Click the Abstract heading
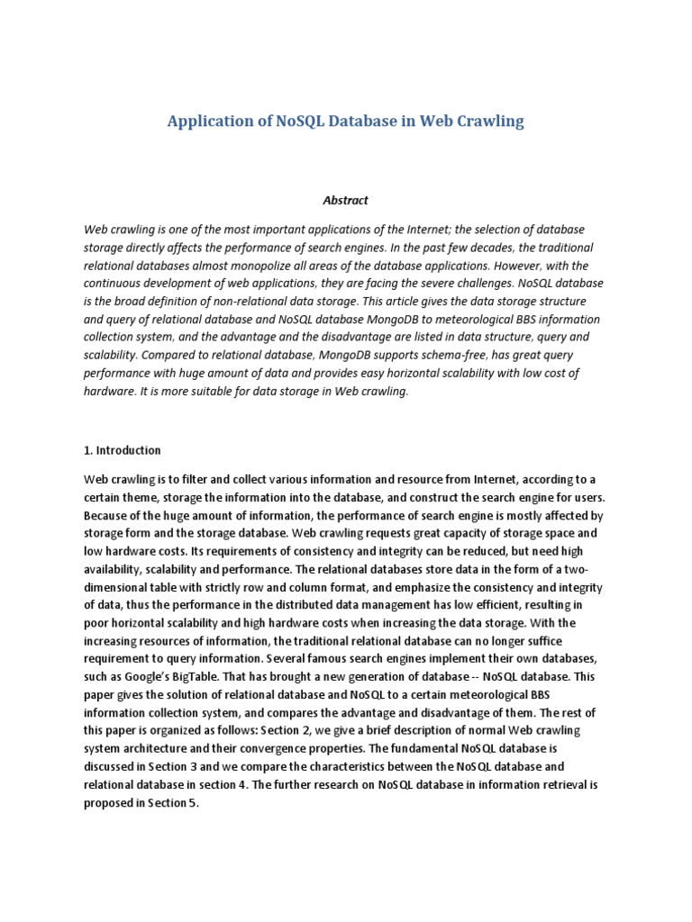346,200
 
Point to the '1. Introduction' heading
123,450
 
